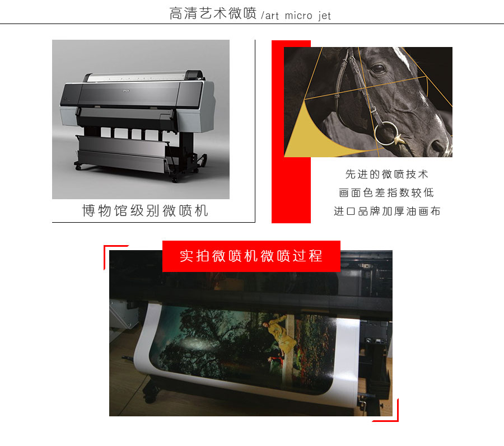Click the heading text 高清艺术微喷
pos(213,14)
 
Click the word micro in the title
pos(298,16)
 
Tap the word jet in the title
pos(324,16)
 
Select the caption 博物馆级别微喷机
pos(145,210)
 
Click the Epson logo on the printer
pos(125,91)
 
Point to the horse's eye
pos(377,68)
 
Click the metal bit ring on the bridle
pos(386,133)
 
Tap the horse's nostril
pos(437,146)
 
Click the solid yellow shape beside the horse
pos(315,135)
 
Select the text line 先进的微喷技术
pos(386,174)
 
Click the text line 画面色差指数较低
pos(386,193)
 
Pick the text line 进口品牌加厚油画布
pos(386,212)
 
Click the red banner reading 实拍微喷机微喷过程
pos(251,256)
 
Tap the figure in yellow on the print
pos(278,334)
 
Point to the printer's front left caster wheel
pos(78,166)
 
